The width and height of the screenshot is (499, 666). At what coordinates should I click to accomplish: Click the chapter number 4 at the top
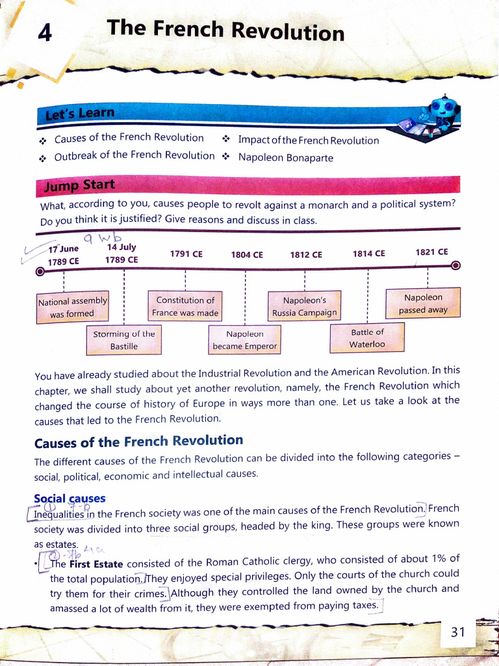[45, 33]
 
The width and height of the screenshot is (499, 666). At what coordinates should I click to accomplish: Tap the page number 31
[458, 632]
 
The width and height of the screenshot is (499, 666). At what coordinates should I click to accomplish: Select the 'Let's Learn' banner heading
[79, 114]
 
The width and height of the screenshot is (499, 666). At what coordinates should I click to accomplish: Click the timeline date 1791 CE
[186, 254]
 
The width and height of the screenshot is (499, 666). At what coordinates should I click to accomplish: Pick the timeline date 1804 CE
[247, 255]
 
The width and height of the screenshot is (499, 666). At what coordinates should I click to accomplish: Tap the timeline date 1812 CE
[306, 254]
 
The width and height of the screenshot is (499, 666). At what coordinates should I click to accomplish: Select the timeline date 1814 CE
[369, 254]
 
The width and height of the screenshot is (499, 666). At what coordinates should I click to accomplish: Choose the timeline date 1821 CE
[431, 252]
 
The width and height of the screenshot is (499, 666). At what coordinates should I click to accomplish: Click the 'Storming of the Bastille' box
[123, 340]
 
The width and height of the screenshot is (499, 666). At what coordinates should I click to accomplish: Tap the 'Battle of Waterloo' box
[367, 338]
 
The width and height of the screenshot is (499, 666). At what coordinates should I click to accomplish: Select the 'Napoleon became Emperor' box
[244, 340]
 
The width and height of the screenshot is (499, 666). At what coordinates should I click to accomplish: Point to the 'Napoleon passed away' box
[423, 303]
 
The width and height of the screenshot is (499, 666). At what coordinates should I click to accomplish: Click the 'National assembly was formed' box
[72, 308]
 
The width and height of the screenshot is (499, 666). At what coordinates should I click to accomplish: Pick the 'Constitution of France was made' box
[185, 306]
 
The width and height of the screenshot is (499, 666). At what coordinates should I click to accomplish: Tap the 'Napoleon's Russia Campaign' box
[304, 306]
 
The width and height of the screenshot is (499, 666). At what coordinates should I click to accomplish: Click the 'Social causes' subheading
[70, 499]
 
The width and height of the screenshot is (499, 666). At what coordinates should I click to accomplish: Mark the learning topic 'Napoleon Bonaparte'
[285, 157]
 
